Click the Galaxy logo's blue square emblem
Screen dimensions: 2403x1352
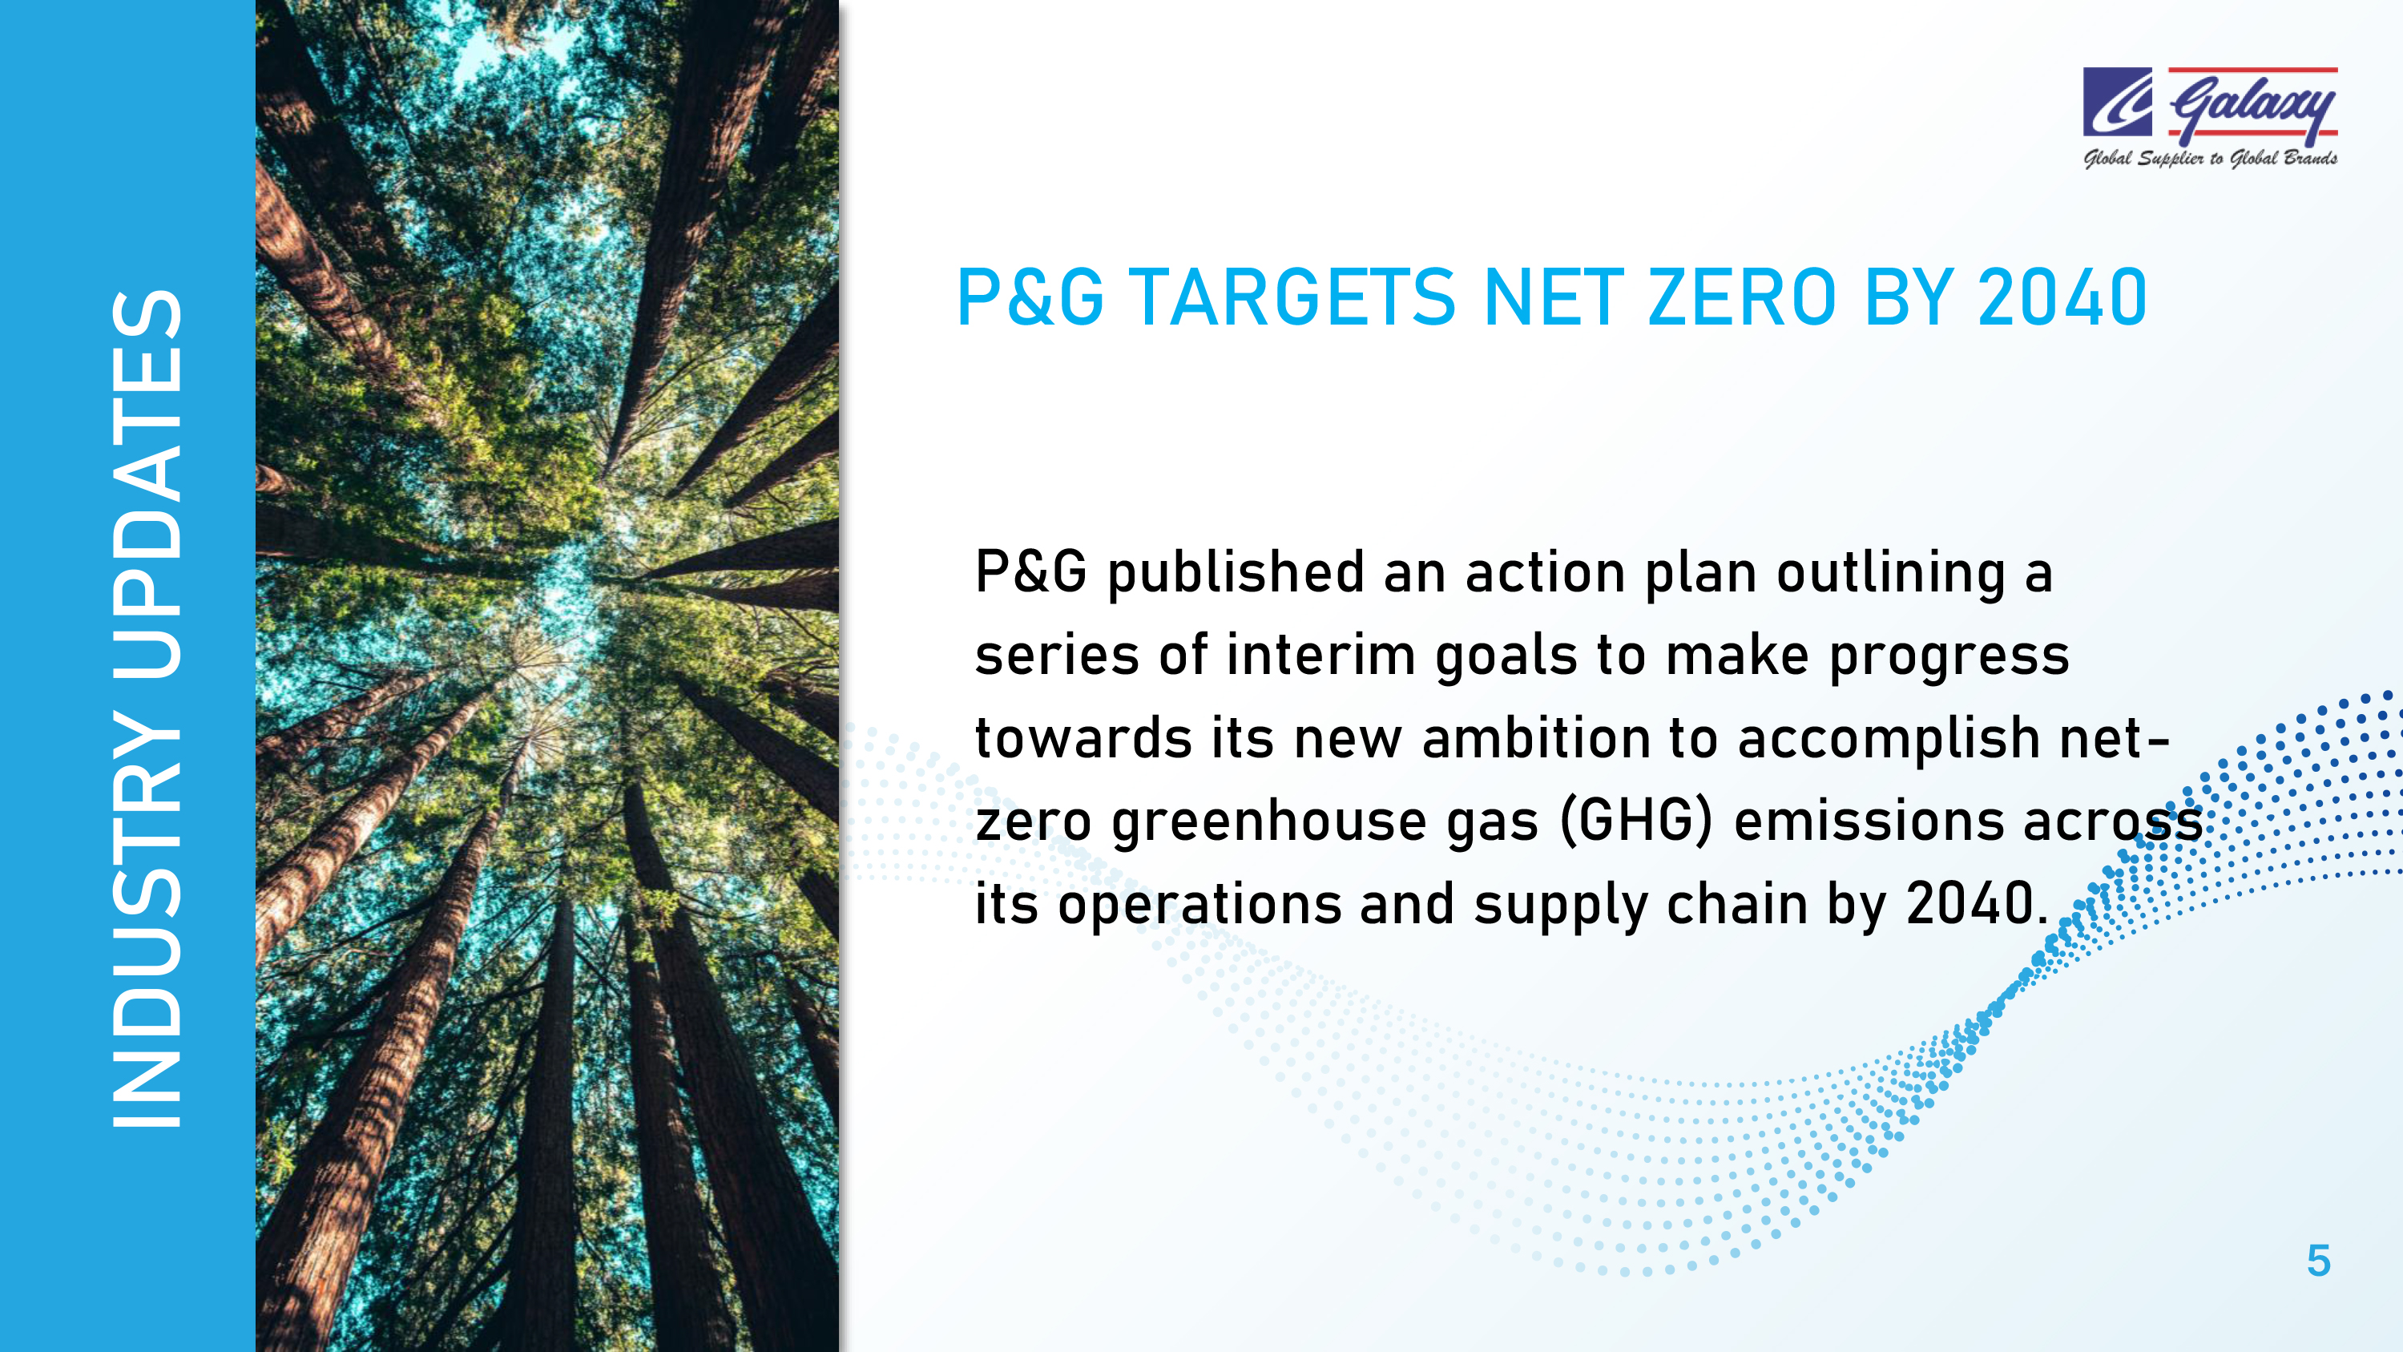click(x=2118, y=102)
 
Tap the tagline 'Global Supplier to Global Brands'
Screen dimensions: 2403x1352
click(x=2211, y=159)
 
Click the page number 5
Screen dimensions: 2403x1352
click(x=2318, y=1261)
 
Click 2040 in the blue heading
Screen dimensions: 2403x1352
click(x=2062, y=297)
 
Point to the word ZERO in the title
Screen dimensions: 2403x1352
click(x=1743, y=297)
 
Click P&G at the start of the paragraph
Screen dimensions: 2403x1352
click(x=1030, y=571)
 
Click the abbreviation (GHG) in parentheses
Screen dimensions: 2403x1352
click(x=1637, y=822)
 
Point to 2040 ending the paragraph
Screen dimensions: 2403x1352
click(x=1970, y=905)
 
